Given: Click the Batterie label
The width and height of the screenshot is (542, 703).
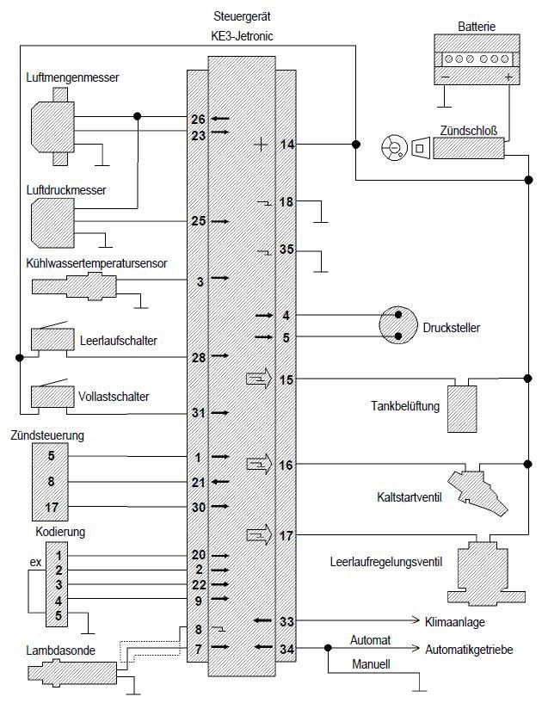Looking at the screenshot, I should click(477, 28).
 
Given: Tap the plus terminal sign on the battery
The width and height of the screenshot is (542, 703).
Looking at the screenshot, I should click(509, 77).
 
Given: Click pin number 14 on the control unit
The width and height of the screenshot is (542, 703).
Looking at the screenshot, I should click(286, 145).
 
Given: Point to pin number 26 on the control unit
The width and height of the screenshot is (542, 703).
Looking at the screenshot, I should click(198, 118).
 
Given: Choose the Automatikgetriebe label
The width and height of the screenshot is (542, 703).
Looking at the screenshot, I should click(469, 650).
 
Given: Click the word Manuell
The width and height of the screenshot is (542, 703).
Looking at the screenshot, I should click(372, 665).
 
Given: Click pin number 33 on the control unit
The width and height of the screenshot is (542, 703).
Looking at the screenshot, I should click(286, 620).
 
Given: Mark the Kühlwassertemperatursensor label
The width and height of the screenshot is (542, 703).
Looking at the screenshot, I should click(96, 262).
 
